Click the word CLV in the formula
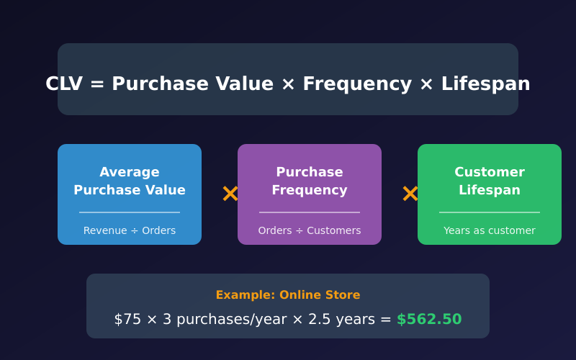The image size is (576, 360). coord(64,84)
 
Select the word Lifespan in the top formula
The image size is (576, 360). coord(485,84)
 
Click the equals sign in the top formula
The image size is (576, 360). coord(97,84)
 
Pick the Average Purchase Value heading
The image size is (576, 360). coord(130,181)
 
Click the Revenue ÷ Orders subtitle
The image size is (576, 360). coord(130,230)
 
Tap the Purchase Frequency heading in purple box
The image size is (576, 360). coord(310,181)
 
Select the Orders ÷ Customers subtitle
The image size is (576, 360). coord(310,230)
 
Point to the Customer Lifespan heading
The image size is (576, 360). coord(490,181)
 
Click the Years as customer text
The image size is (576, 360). coord(490,230)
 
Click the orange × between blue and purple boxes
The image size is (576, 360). coord(230,194)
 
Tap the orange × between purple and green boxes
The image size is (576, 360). coord(410,194)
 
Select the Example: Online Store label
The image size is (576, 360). coord(288,295)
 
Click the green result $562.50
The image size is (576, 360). coord(429,319)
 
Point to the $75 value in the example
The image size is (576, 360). coord(127,319)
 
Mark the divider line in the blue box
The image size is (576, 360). coord(130,212)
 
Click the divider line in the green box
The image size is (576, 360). coord(490,212)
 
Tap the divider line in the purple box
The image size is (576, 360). coord(310,212)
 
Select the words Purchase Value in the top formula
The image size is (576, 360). coord(192,84)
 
